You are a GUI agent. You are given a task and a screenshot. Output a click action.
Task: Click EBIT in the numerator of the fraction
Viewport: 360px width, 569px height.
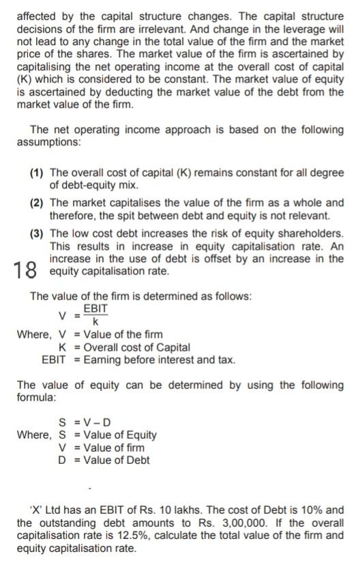[95, 309]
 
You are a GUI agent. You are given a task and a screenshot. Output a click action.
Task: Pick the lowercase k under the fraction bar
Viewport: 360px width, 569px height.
[95, 321]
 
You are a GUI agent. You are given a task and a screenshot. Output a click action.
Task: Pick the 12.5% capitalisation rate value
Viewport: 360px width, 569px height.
[117, 536]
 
